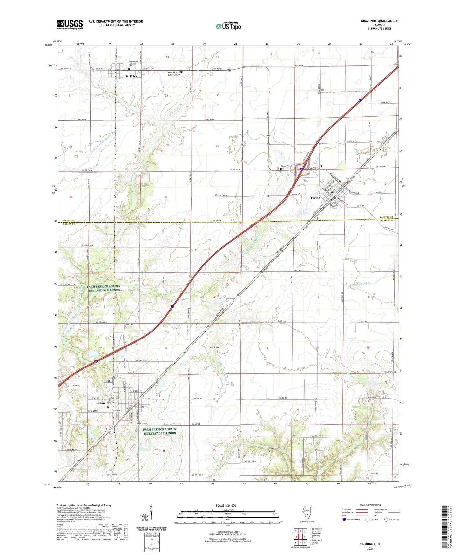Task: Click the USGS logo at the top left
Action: coord(70,24)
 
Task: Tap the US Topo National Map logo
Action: coord(228,26)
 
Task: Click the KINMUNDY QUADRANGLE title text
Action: coord(379,21)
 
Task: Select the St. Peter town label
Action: coord(131,76)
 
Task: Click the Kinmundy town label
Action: coord(104,403)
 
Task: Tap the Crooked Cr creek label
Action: coord(363,283)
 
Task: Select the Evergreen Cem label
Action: coord(115,378)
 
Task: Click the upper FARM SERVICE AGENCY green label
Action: coord(104,288)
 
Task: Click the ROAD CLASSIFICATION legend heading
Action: coord(370,505)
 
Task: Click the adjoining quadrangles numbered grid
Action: coord(300,538)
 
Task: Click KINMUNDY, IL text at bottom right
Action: coord(370,544)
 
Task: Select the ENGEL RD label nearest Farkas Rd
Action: coord(363,321)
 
